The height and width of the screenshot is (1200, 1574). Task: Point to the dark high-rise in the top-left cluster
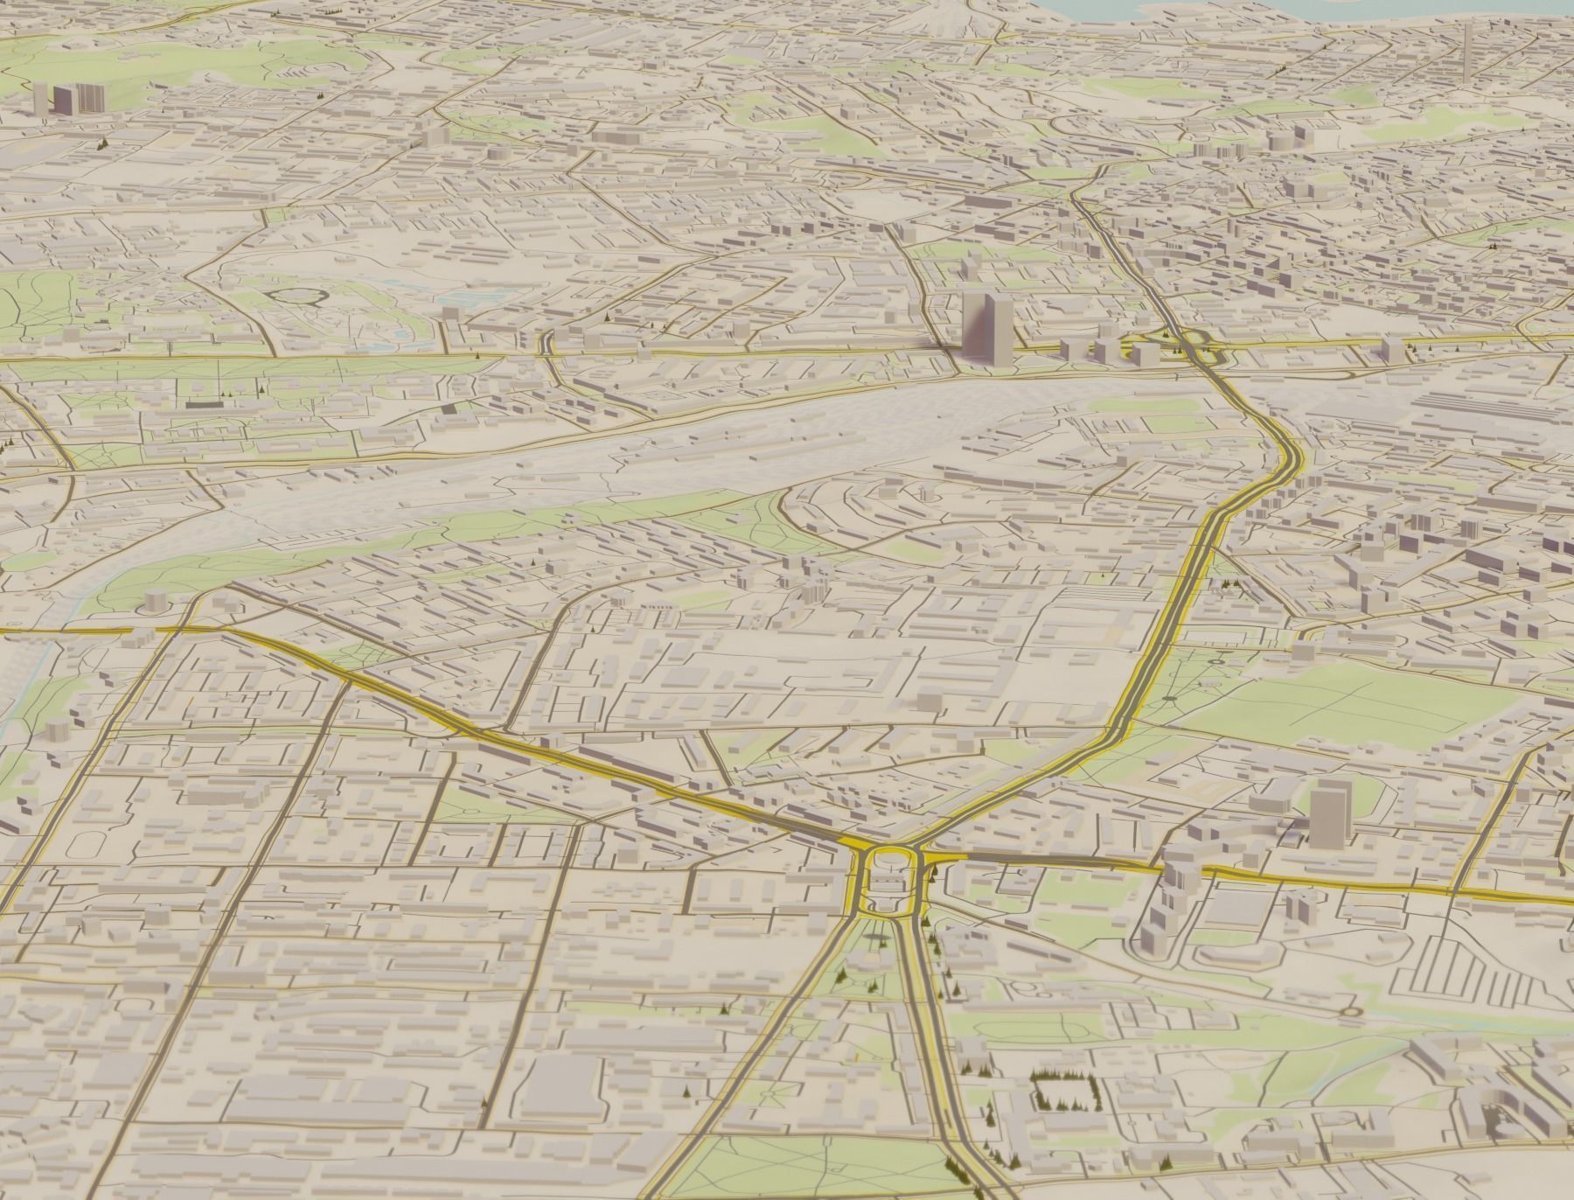coord(64,98)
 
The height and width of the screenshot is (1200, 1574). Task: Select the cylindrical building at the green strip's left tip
coord(156,601)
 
